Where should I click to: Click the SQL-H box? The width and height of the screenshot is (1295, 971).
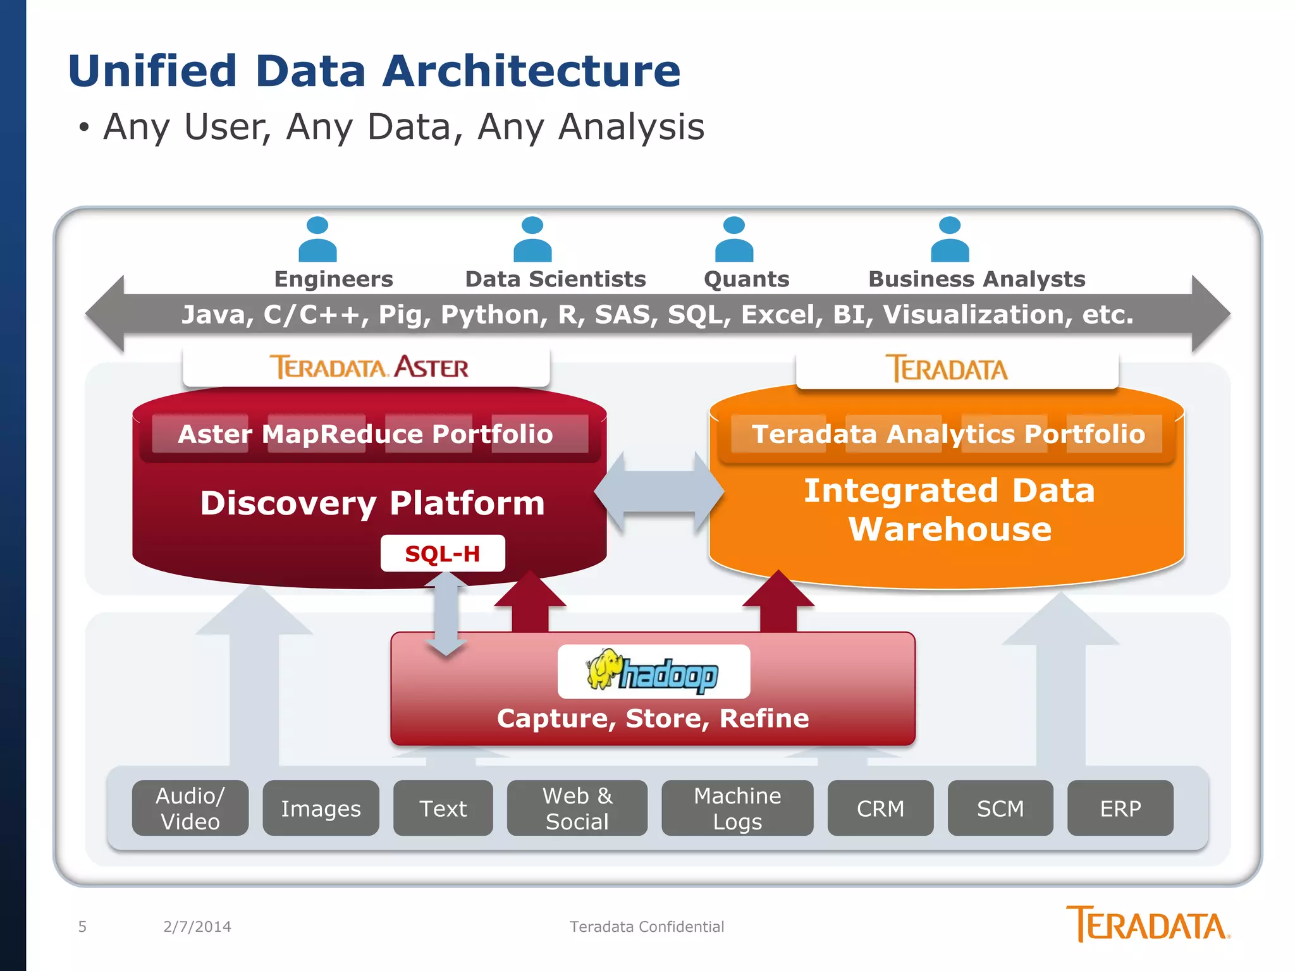(443, 553)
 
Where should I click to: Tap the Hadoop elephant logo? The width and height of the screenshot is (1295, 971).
(653, 672)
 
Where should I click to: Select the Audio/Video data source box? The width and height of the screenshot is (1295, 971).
(190, 808)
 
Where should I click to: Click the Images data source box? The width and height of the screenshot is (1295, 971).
(321, 808)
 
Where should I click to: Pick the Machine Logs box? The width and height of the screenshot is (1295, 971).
(737, 808)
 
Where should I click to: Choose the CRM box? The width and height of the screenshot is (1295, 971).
(880, 808)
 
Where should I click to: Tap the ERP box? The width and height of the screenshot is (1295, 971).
(1120, 808)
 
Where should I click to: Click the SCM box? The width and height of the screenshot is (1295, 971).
(1000, 808)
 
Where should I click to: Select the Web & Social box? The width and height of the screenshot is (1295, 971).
(577, 808)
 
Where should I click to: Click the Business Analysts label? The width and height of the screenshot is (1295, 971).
(976, 279)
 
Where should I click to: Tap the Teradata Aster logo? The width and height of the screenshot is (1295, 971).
(369, 367)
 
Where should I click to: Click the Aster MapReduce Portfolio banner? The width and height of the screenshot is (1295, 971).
(365, 434)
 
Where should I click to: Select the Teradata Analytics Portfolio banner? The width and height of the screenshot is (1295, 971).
(948, 434)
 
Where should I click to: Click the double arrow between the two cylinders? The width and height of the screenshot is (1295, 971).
(658, 491)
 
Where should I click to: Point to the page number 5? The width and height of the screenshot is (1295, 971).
(82, 927)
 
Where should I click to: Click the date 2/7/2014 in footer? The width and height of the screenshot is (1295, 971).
(197, 927)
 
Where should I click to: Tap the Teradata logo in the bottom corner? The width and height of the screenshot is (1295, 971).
(1147, 924)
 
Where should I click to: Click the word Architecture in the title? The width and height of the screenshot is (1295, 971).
(531, 71)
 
